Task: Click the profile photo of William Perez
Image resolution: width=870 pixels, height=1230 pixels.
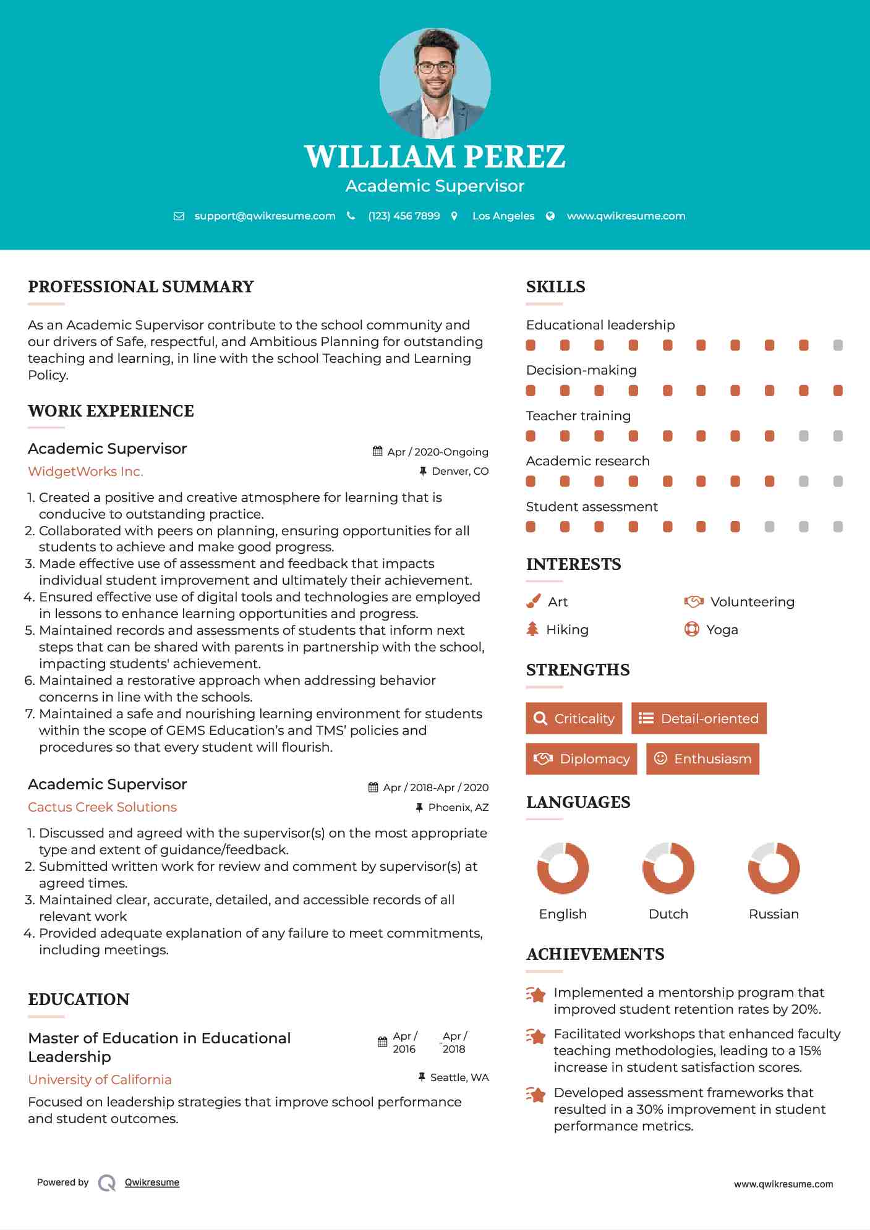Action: [435, 83]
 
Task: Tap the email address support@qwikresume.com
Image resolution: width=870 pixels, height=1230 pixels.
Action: [265, 216]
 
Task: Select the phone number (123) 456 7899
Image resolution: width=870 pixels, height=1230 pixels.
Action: [404, 216]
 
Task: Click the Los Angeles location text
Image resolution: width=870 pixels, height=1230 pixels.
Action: [503, 216]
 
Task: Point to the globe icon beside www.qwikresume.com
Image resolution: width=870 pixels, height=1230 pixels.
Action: [550, 216]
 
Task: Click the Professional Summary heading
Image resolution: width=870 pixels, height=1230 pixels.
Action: [141, 287]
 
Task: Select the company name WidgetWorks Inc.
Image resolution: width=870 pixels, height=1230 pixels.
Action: [85, 472]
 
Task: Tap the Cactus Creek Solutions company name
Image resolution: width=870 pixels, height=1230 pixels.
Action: [102, 807]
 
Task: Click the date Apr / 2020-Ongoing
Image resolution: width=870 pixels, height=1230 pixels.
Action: [437, 452]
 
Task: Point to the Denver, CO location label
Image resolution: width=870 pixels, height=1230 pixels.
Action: [460, 471]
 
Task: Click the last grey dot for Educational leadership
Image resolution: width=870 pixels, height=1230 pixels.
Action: [838, 345]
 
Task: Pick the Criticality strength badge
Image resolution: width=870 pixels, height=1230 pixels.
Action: [574, 718]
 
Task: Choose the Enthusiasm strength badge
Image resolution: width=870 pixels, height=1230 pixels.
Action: [702, 758]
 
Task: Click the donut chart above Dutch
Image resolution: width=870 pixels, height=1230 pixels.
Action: [668, 868]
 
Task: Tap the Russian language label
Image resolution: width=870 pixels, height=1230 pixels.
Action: [774, 914]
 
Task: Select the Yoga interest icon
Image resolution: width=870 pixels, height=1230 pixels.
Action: [691, 629]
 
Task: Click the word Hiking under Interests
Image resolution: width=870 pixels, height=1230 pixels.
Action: [567, 629]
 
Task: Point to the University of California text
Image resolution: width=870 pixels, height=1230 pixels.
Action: [100, 1079]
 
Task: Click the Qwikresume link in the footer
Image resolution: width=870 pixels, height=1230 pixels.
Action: [152, 1182]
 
